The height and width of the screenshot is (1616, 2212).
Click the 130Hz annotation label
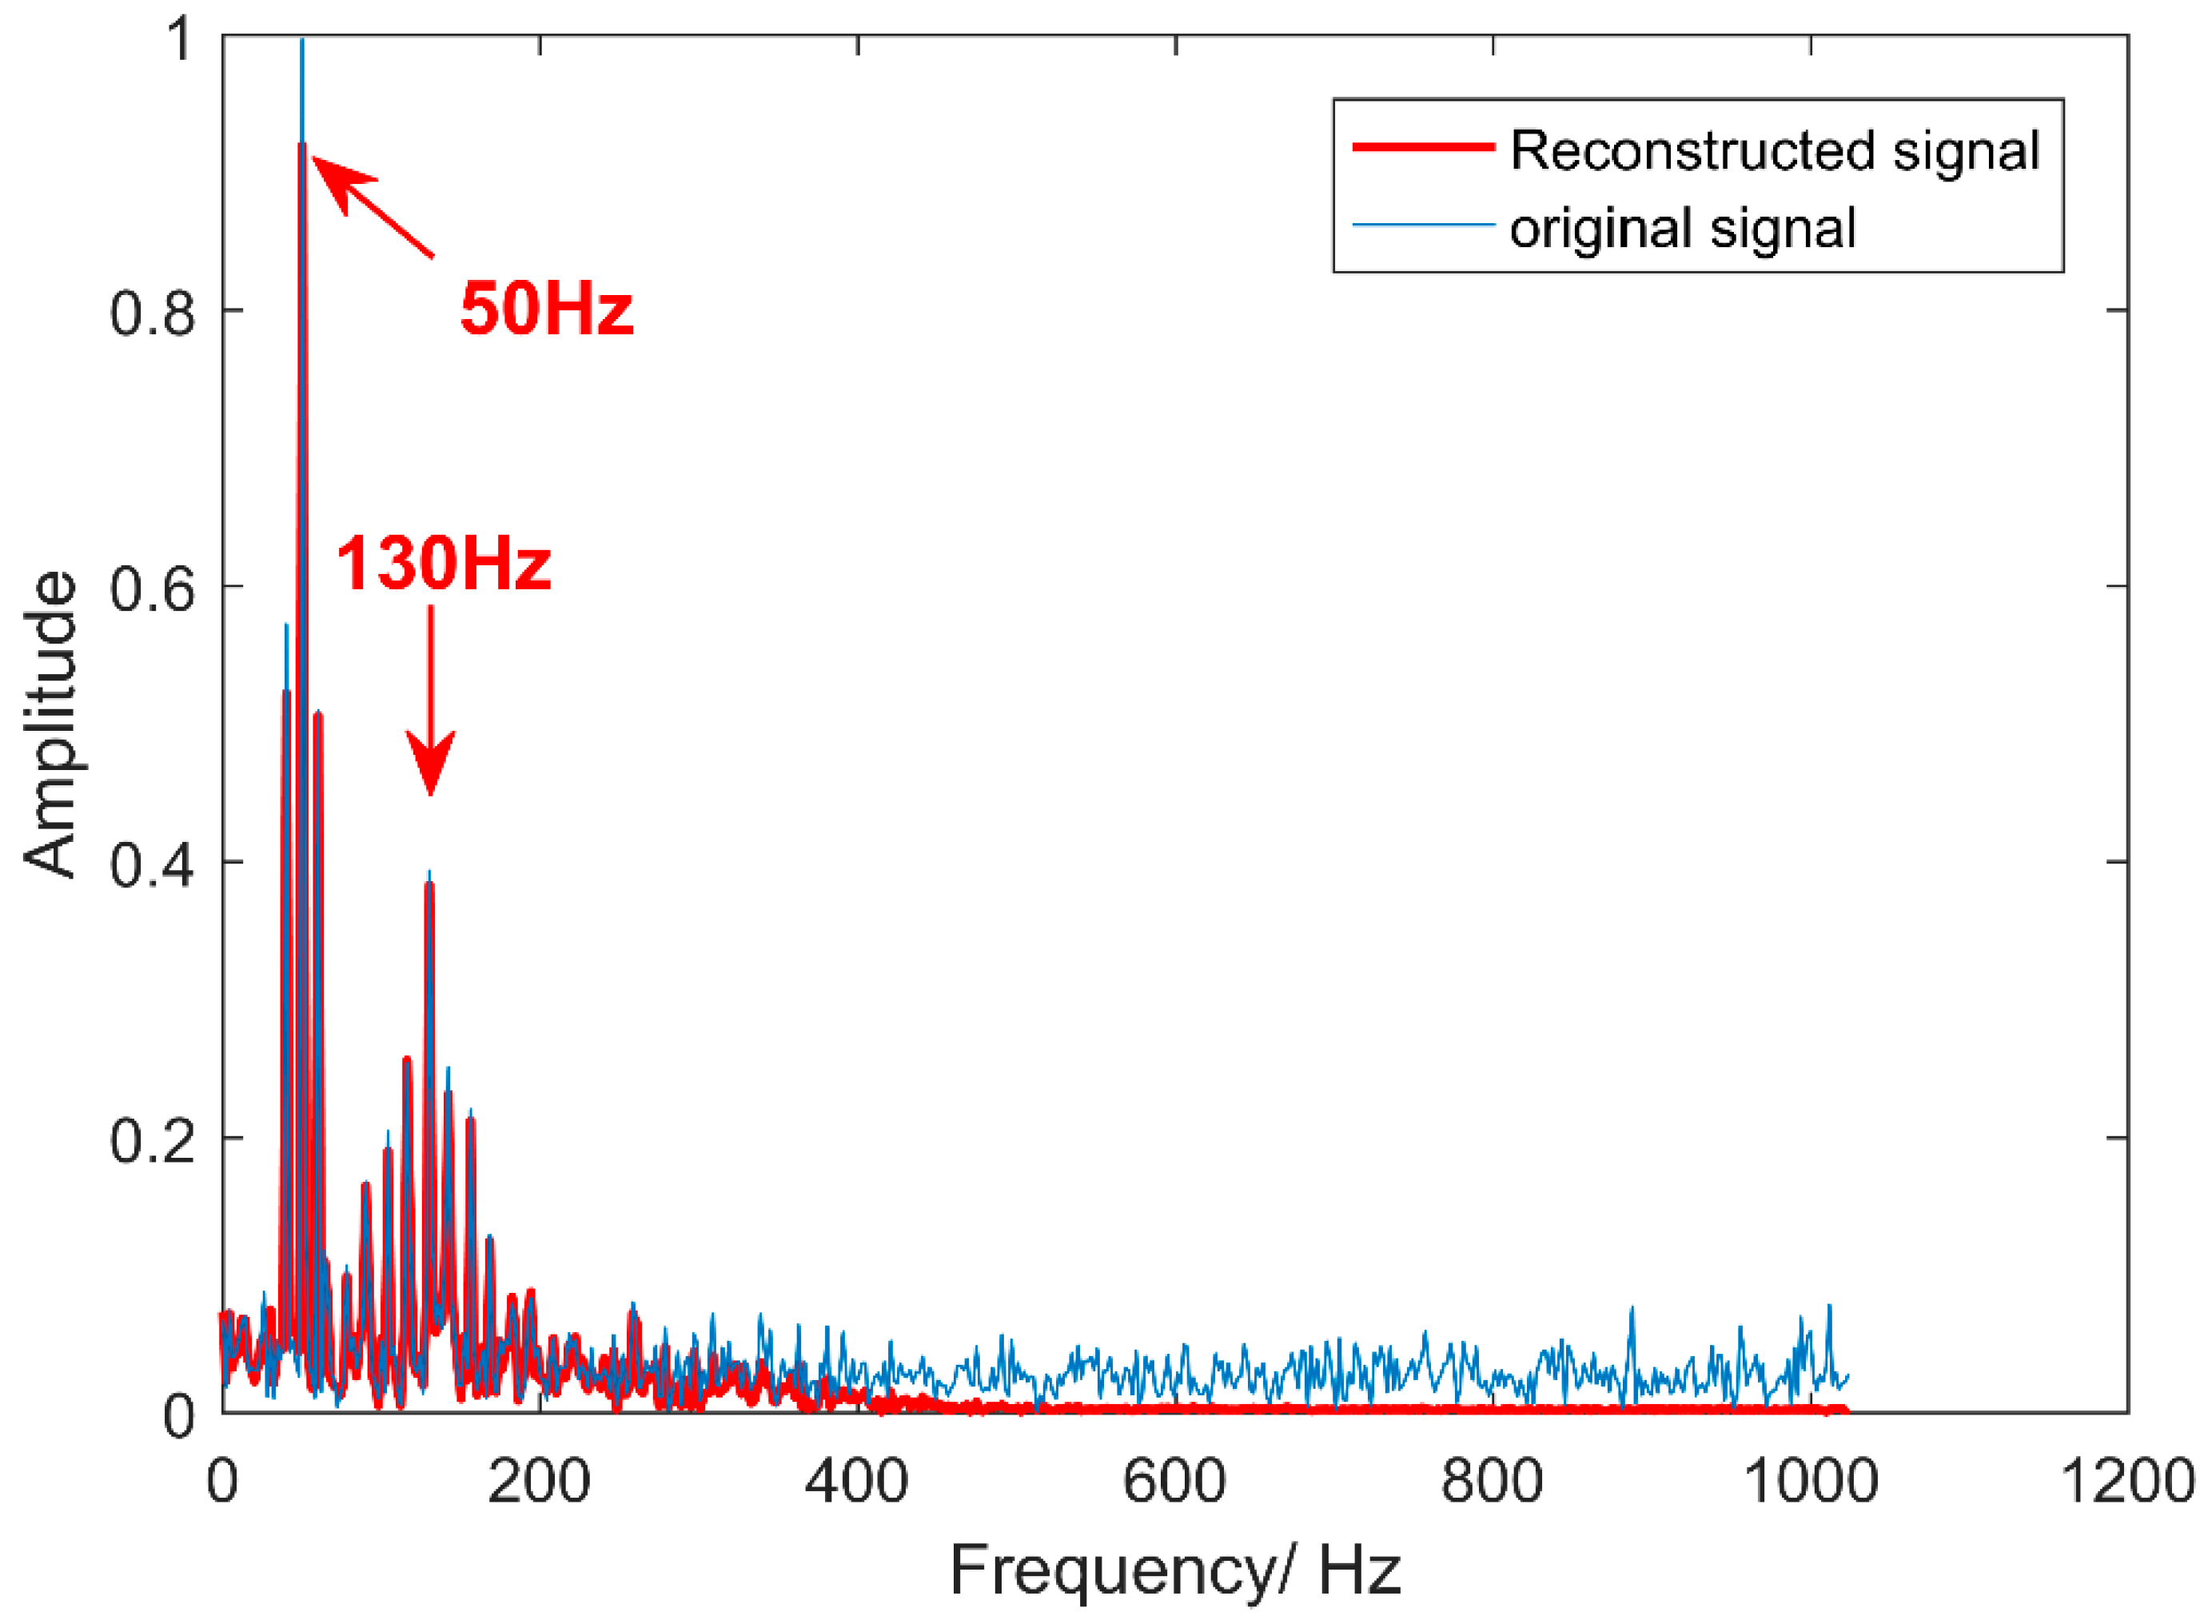tap(443, 565)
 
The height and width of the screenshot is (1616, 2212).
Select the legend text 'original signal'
tap(1682, 228)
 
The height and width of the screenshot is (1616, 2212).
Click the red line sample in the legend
tap(1423, 148)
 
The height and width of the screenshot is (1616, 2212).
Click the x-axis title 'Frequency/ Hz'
tap(1174, 1570)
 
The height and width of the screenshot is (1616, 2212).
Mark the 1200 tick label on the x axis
tap(2128, 1480)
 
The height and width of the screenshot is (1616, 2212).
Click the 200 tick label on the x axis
tap(539, 1480)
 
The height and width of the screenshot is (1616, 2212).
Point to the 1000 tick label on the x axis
tap(1810, 1480)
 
